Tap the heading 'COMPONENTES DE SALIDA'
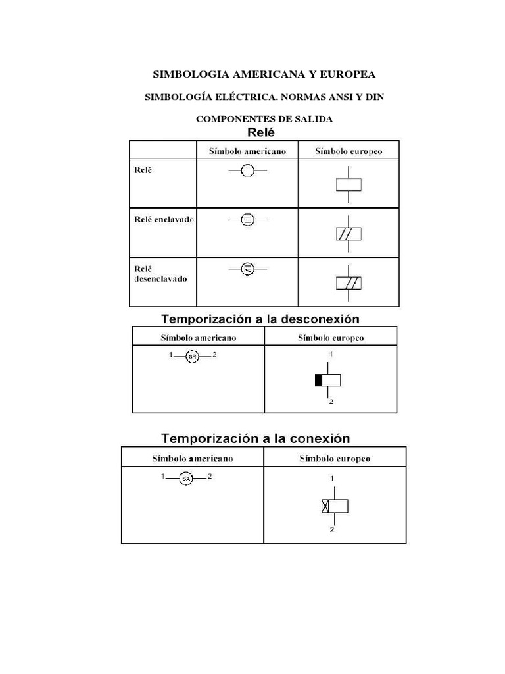[x=264, y=119]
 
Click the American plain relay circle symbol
[x=247, y=171]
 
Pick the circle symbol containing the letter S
[x=247, y=220]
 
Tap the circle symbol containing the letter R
[x=247, y=269]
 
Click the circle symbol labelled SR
[x=192, y=357]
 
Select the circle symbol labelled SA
[x=186, y=479]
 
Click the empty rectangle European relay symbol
[x=348, y=185]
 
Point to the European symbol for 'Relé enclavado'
[x=348, y=234]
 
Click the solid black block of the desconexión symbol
[x=318, y=380]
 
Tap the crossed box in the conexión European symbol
[x=325, y=506]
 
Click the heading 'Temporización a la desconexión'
[x=261, y=319]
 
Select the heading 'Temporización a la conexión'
[x=256, y=438]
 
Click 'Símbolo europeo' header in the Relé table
[x=348, y=151]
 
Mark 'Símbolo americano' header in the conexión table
[x=193, y=459]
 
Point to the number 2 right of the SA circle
[x=209, y=476]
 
